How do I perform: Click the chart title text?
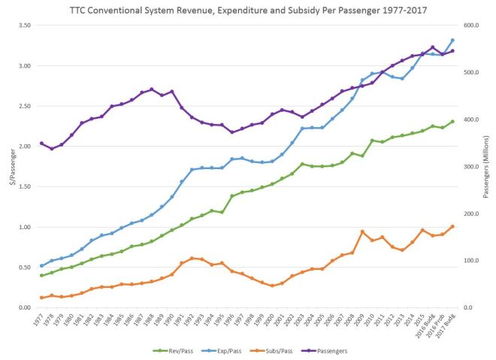click(247, 8)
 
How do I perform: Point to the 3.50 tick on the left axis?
click(22, 26)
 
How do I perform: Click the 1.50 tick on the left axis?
click(22, 186)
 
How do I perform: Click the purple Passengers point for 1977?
click(41, 143)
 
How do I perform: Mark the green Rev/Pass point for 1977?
click(41, 275)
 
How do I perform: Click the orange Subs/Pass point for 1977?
click(41, 298)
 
